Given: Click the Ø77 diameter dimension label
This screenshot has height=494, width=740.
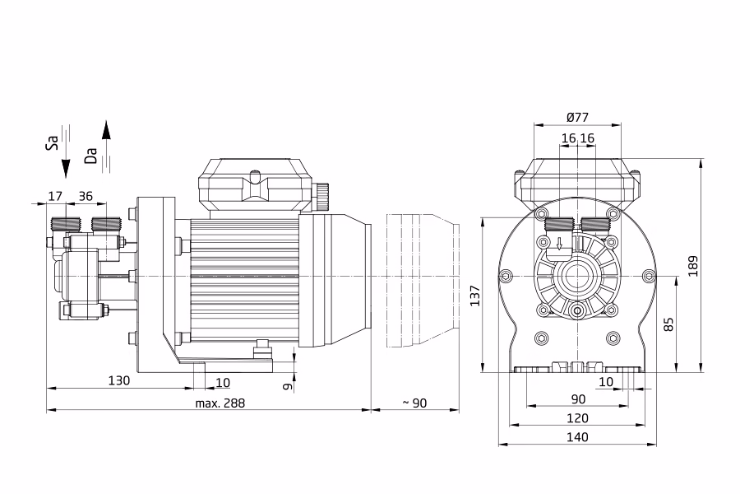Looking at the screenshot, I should click(x=577, y=117).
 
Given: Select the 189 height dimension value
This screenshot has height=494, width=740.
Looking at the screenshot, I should click(x=693, y=265).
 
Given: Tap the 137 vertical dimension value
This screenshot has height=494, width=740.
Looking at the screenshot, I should click(x=474, y=295).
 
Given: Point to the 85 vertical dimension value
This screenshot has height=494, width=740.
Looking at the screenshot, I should click(x=668, y=324).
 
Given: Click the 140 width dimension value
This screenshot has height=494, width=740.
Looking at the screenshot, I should click(x=577, y=437).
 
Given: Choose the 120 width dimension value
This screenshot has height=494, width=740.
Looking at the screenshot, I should click(x=577, y=418).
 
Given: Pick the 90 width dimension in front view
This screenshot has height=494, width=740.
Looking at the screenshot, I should click(x=577, y=399).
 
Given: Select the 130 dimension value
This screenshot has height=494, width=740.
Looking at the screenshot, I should click(x=119, y=380).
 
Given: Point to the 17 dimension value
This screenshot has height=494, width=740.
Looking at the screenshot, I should click(x=55, y=196).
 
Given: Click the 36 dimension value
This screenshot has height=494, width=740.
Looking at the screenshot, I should click(x=86, y=196).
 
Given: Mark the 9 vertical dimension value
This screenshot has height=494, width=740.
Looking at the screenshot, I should click(x=286, y=384).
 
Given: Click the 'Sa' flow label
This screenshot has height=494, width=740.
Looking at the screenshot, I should click(x=51, y=145).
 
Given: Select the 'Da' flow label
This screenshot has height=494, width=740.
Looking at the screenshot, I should click(x=91, y=156).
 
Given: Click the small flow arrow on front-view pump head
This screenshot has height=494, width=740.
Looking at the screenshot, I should click(x=560, y=244).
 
